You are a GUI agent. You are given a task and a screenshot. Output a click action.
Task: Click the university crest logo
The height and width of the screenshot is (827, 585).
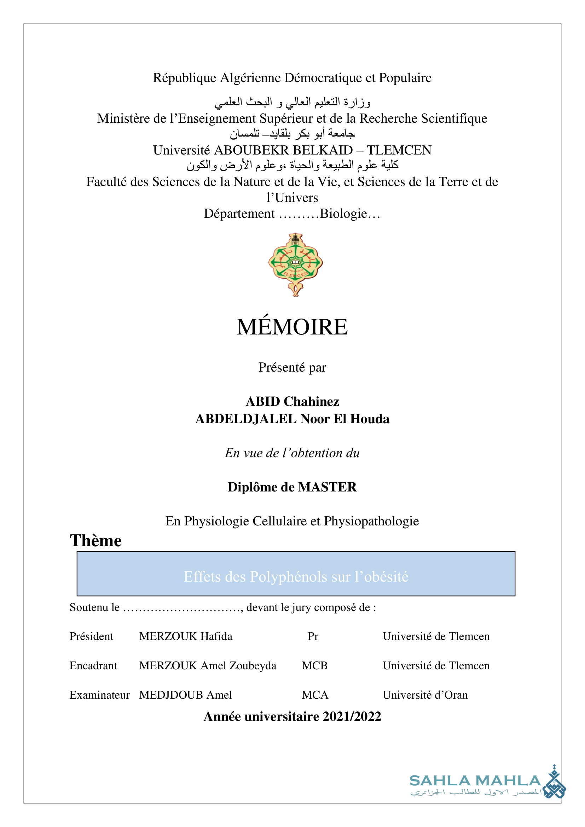click(x=295, y=264)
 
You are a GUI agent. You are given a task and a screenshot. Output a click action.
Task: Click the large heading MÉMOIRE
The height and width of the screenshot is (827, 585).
click(x=292, y=327)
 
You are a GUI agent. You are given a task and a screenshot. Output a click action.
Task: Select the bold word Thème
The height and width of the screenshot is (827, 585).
click(x=96, y=541)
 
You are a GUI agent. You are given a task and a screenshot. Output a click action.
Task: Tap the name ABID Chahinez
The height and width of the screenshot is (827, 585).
click(x=292, y=401)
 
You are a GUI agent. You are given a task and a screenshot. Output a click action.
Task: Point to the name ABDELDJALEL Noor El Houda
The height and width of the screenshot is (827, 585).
click(x=292, y=419)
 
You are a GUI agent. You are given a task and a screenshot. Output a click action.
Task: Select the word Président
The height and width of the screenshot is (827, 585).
click(x=91, y=636)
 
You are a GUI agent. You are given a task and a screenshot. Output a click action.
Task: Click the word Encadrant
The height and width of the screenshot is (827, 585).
click(x=93, y=666)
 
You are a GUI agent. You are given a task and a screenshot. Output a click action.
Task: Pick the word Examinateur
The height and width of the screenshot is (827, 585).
click(x=99, y=695)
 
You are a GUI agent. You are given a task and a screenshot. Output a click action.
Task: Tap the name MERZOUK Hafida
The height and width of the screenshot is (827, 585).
click(x=186, y=636)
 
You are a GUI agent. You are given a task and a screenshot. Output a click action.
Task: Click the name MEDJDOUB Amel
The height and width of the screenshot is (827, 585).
click(x=186, y=695)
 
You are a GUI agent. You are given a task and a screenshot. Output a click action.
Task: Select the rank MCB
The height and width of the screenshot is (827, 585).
click(x=314, y=666)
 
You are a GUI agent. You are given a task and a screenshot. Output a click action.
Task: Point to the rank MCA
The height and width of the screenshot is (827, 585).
click(x=315, y=695)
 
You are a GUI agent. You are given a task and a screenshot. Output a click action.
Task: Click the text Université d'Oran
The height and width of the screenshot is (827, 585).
click(x=425, y=695)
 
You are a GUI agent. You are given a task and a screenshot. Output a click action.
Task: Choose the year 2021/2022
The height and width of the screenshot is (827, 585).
click(x=352, y=717)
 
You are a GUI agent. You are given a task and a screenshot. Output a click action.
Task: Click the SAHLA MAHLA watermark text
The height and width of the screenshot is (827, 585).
click(x=475, y=781)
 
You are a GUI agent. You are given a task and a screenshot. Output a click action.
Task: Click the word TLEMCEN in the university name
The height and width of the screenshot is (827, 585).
click(x=399, y=150)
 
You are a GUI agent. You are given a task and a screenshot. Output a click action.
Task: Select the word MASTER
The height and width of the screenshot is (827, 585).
click(x=328, y=487)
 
